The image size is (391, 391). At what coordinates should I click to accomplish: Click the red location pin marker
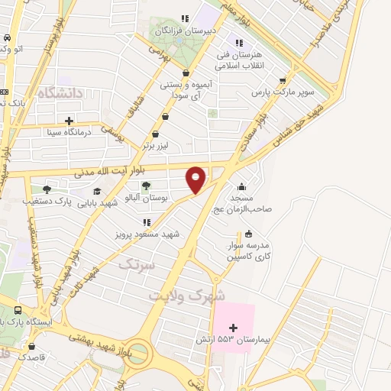[x=196, y=179]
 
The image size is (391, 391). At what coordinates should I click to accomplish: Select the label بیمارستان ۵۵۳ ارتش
[x=244, y=338]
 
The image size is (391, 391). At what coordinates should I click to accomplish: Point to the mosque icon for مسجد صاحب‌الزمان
[x=241, y=186]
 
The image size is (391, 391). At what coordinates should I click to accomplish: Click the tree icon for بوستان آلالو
[x=146, y=186]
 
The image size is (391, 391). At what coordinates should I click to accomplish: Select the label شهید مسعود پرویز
[x=147, y=234]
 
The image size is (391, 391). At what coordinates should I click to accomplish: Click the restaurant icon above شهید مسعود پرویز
[x=147, y=222]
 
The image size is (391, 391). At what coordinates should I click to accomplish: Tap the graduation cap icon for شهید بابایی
[x=97, y=191]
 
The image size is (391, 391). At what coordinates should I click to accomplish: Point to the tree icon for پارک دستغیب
[x=47, y=189]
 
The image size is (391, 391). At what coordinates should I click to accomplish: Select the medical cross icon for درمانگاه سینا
[x=69, y=121]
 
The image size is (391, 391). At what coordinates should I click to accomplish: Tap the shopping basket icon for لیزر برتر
[x=156, y=134]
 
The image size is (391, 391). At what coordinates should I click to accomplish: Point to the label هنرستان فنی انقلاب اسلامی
[x=238, y=60]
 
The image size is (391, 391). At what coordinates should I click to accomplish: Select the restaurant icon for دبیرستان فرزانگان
[x=183, y=18]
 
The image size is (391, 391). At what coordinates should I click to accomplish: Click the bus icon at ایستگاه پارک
[x=18, y=310]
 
